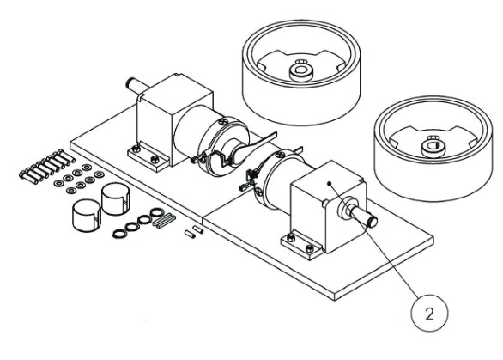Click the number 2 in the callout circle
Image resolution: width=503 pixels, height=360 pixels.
(x=429, y=314)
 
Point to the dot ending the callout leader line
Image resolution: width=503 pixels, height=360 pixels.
(x=329, y=184)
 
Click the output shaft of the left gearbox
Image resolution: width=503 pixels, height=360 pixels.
(x=136, y=85)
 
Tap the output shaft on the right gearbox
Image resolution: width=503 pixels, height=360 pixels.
(x=364, y=217)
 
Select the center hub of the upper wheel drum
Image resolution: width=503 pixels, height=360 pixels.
(x=301, y=71)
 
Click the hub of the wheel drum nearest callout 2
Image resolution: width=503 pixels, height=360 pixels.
(x=433, y=146)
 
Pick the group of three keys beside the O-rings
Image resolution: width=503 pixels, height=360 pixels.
(x=164, y=221)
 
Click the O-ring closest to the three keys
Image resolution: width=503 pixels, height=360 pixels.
(x=157, y=212)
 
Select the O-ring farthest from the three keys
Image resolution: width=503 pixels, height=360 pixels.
(x=120, y=234)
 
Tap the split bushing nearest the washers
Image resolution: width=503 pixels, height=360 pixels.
(x=116, y=198)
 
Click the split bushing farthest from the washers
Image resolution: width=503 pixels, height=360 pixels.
(x=87, y=215)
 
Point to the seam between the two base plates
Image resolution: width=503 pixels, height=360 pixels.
(x=203, y=220)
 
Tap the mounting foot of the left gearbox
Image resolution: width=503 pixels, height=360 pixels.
(x=148, y=156)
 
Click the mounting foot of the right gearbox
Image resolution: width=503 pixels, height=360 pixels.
(x=301, y=244)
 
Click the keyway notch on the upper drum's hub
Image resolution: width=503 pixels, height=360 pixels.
(x=301, y=61)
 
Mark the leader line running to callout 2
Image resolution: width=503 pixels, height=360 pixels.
(x=373, y=239)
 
